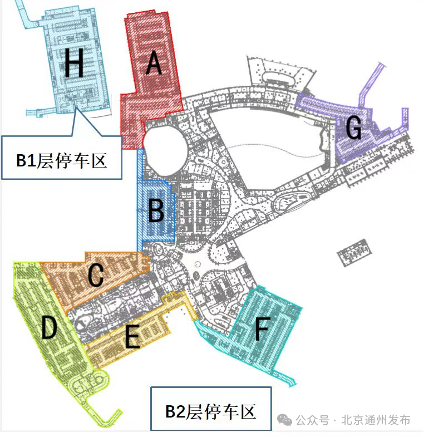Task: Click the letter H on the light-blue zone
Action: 74,63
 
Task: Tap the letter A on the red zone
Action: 154,63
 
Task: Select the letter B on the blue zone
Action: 156,211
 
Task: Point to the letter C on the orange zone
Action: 96,275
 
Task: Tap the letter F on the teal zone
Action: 262,329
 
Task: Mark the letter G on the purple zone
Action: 354,127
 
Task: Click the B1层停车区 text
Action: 62,160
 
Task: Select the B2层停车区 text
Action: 210,411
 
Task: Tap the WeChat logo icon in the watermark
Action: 284,420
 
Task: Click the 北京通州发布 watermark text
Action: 376,420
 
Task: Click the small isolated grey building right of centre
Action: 354,253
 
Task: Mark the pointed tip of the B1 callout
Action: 76,107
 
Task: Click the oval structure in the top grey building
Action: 279,78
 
